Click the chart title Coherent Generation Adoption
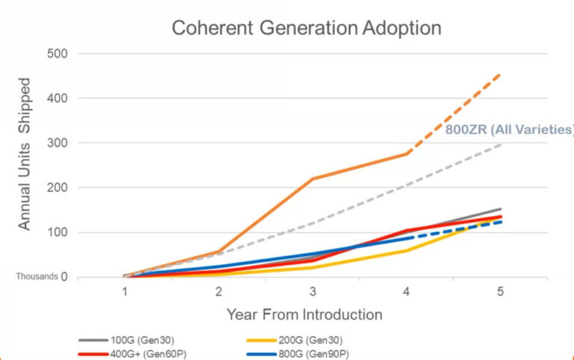[x=306, y=28]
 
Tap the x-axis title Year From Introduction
[x=305, y=314]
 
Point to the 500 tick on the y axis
[x=58, y=54]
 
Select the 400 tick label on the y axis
[x=58, y=99]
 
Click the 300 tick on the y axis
[x=58, y=143]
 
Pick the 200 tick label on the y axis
[x=58, y=188]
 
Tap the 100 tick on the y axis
[x=58, y=233]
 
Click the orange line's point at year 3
[x=312, y=179]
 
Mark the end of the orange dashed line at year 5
[x=500, y=75]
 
